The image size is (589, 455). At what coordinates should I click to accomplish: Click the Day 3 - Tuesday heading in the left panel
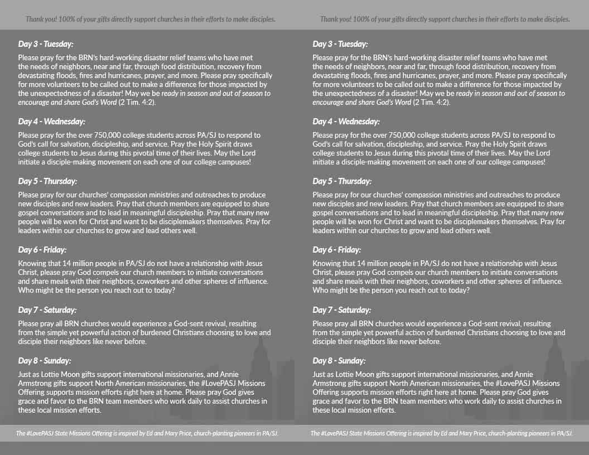point(46,44)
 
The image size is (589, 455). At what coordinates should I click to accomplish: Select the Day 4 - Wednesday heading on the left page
point(51,122)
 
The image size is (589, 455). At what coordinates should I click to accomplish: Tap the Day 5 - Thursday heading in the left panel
point(47,181)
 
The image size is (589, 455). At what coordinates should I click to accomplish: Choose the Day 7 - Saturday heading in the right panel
point(342,310)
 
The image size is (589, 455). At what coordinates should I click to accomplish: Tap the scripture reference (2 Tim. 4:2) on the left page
point(134,102)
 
